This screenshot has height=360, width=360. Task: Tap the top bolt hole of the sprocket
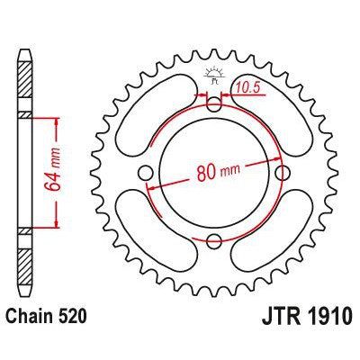coord(213,106)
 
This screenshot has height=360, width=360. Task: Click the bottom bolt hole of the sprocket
coord(213,239)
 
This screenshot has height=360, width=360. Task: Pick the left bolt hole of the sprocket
coord(147,173)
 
